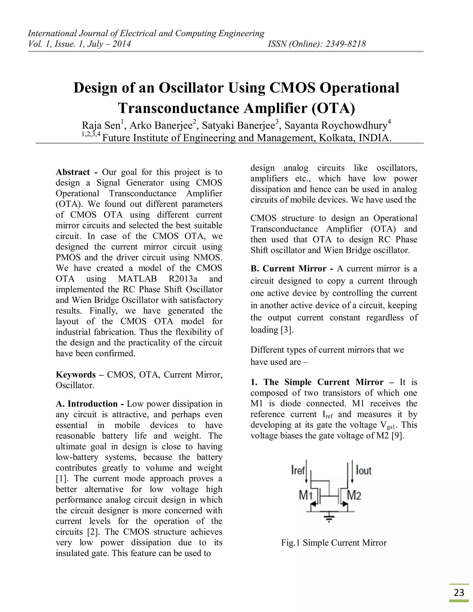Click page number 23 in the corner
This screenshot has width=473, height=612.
[459, 592]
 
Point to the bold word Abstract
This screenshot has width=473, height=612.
[73, 172]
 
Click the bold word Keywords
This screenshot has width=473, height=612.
[76, 375]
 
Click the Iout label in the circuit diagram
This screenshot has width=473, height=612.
[364, 470]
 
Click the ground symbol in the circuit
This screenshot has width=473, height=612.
[329, 520]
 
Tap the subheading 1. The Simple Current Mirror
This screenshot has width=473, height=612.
[317, 382]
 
